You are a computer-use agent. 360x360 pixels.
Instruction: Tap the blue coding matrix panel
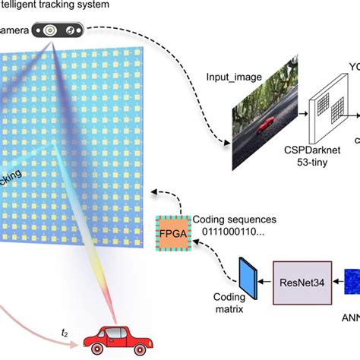click(248, 276)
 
